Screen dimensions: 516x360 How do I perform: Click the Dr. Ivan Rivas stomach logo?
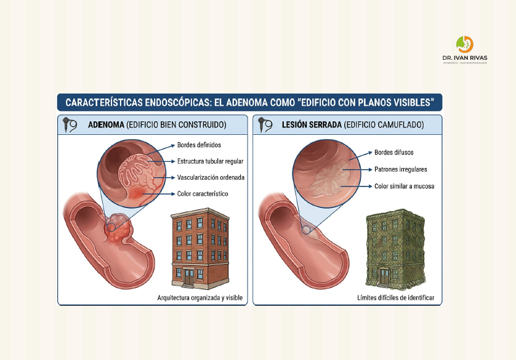465,44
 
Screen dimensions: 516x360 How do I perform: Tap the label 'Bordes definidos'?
199,145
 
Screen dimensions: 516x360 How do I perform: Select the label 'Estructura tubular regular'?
211,161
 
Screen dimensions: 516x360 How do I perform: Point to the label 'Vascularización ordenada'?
211,177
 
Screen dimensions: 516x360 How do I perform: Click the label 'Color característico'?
203,194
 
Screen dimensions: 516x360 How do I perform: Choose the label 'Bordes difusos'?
394,153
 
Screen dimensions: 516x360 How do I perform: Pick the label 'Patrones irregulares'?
401,169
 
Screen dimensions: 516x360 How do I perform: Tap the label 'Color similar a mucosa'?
405,186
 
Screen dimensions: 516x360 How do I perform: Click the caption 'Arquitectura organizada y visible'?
200,298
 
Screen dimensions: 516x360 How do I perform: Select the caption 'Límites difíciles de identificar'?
396,298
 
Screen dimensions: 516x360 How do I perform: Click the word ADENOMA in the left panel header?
106,125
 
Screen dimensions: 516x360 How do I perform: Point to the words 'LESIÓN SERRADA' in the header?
312,125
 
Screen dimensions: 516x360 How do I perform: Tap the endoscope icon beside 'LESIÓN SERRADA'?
265,124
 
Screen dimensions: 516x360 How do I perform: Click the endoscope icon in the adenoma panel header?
70,124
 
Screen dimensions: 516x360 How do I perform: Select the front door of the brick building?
189,276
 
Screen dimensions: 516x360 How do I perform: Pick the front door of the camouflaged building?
384,276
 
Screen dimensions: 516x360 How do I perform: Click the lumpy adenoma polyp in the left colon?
118,228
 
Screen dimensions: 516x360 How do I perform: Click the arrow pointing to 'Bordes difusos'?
360,156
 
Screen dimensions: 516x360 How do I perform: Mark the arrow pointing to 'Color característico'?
158,194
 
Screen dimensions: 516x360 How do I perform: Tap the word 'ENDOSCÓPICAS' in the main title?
178,103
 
